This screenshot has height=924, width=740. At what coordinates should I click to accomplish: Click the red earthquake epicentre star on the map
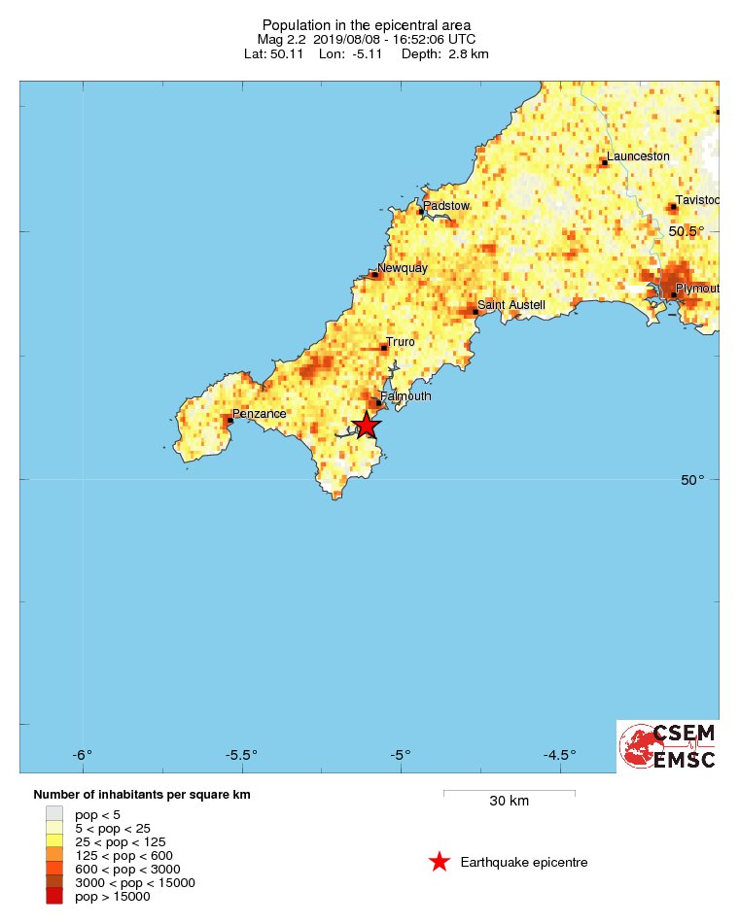(x=367, y=425)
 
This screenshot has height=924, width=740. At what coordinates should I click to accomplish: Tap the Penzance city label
(x=260, y=414)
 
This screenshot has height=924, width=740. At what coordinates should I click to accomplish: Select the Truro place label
(x=401, y=342)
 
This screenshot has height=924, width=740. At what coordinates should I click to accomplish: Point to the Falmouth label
(x=405, y=396)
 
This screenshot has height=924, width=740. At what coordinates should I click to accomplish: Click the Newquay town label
(x=403, y=268)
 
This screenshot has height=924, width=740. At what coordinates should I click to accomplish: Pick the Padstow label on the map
(x=446, y=206)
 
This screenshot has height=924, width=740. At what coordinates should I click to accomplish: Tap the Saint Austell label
(x=511, y=305)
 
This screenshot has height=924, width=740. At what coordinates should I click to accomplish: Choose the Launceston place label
(x=638, y=156)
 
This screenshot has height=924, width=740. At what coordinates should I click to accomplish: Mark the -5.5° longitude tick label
(x=241, y=754)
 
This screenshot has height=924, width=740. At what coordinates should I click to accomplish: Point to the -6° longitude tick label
(x=83, y=754)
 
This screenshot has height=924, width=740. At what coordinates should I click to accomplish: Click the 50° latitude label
(x=692, y=480)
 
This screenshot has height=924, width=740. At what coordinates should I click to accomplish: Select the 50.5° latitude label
(x=687, y=231)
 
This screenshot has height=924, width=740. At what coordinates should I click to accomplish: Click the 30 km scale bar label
(x=509, y=802)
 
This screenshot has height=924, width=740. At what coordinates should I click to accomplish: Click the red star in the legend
(x=440, y=862)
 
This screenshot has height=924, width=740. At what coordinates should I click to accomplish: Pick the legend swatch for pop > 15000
(x=54, y=897)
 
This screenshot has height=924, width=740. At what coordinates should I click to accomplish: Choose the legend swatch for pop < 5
(x=54, y=814)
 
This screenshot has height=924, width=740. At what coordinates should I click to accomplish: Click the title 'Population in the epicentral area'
(x=367, y=24)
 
